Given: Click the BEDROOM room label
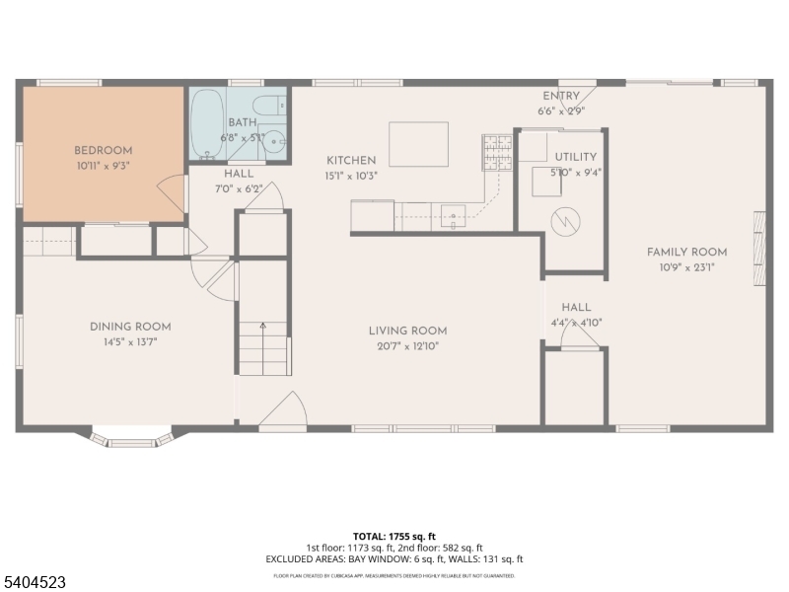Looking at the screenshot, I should click(103, 150).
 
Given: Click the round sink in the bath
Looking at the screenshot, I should click(276, 140).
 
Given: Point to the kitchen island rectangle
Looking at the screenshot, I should click(418, 144).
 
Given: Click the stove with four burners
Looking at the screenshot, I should click(496, 153).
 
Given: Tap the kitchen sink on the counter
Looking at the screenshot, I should click(454, 212).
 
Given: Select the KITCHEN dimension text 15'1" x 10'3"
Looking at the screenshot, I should click(352, 175).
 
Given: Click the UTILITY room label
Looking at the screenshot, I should click(575, 157).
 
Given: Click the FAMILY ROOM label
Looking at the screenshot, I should click(686, 252).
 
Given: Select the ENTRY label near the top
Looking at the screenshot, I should click(561, 96).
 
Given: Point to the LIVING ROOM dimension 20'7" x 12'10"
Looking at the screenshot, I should click(408, 345).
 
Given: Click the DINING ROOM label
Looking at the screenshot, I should click(130, 327).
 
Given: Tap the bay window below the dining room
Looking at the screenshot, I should click(132, 437).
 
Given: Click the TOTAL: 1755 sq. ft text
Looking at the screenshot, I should click(394, 535).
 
